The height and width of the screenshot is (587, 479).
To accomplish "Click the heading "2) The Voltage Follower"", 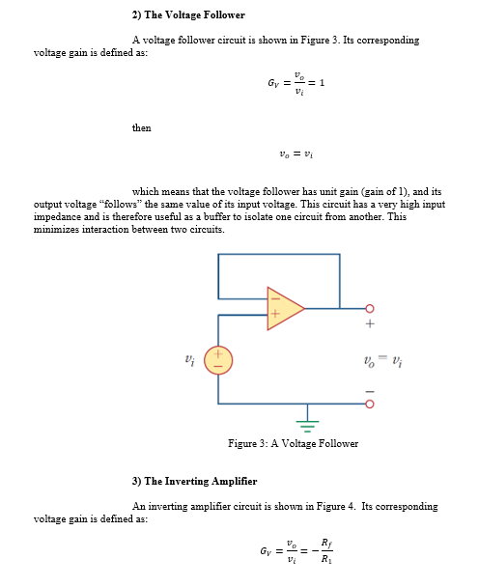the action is click(188, 15).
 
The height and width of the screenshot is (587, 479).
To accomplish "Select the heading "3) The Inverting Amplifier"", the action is click(194, 481).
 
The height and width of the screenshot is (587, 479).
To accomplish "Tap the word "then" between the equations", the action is click(141, 128).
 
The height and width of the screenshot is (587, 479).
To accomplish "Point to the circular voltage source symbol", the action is click(218, 361).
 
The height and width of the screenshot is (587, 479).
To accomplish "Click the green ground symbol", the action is click(308, 421).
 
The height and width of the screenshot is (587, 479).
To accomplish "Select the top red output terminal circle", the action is click(369, 309).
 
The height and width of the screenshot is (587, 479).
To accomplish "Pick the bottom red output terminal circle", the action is click(369, 403).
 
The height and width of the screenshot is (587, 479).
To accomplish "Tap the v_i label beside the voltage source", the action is click(190, 360).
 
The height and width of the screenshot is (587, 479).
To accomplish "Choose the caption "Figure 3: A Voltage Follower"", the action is click(293, 444).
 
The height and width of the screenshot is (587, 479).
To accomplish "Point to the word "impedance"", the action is click(59, 217).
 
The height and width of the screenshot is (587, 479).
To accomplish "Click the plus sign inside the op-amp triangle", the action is click(275, 316).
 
